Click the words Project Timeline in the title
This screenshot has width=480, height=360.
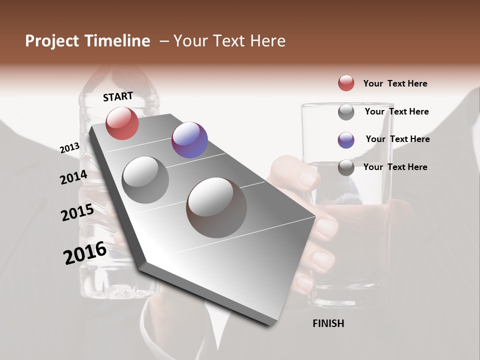[x=87, y=41]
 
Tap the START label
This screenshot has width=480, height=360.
[x=118, y=96]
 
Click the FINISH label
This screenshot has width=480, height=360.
[x=328, y=323]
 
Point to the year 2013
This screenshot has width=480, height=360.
[x=69, y=148]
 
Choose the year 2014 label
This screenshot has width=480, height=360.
[x=73, y=177]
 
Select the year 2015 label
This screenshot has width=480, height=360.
[x=77, y=212]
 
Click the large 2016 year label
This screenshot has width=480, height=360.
[x=85, y=253]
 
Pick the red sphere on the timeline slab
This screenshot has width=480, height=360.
[x=122, y=123]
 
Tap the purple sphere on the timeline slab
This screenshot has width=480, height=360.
[x=189, y=140]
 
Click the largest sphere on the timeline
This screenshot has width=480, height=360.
[x=216, y=207]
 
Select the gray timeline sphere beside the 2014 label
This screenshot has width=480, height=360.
[x=145, y=180]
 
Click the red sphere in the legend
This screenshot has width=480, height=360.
[x=346, y=83]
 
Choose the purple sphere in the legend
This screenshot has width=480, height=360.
[x=346, y=140]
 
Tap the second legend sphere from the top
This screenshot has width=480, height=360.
[x=346, y=112]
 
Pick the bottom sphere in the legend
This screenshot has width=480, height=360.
[x=346, y=168]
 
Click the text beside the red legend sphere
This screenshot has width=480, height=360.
[x=395, y=83]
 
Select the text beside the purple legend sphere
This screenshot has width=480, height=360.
[x=397, y=139]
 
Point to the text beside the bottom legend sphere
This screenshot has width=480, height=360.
[x=395, y=167]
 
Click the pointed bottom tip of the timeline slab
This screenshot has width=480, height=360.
[x=270, y=322]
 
